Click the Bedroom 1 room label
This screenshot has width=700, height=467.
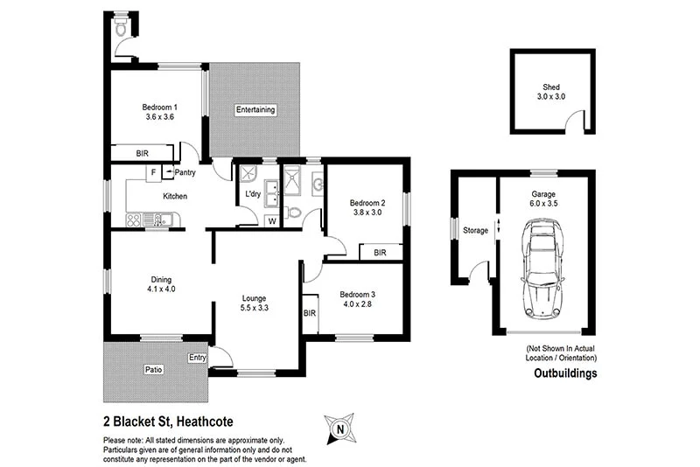(160, 107)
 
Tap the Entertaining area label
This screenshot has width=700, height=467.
(255, 110)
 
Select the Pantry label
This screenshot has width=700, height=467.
(185, 173)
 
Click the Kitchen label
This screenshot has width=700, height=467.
(175, 196)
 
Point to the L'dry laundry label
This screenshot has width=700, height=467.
(253, 193)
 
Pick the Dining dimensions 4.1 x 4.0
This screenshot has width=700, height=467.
(161, 289)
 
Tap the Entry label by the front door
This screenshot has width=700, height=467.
(197, 357)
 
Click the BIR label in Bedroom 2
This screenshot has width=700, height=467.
(380, 253)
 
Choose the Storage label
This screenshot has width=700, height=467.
(475, 230)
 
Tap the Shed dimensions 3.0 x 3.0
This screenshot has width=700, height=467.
(551, 96)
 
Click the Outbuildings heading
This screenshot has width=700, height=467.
(566, 373)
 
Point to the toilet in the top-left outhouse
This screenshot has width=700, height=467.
(122, 29)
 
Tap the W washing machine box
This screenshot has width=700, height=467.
(271, 220)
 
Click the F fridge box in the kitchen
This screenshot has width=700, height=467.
(153, 172)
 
